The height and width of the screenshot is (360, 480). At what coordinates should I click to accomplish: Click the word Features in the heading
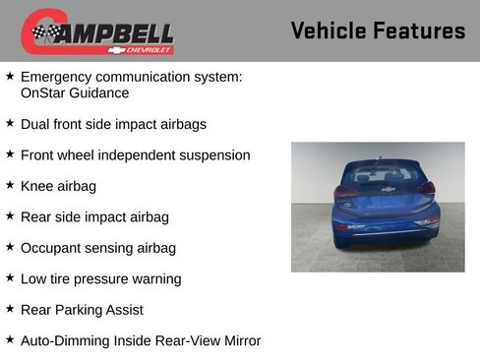pyautogui.click(x=420, y=30)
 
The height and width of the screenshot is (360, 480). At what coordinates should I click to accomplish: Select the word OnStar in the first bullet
pyautogui.click(x=45, y=93)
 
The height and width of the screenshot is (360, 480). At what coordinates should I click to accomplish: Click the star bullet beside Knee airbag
pyautogui.click(x=10, y=185)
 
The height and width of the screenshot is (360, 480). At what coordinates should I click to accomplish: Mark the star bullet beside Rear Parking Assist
pyautogui.click(x=10, y=309)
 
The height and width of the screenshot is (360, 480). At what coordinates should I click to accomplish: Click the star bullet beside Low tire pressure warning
pyautogui.click(x=10, y=278)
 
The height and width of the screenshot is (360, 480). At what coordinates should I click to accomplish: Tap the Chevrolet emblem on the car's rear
pyautogui.click(x=388, y=190)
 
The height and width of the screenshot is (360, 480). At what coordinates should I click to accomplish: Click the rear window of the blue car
pyautogui.click(x=385, y=175)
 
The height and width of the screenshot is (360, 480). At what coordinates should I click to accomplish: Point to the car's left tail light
pyautogui.click(x=346, y=191)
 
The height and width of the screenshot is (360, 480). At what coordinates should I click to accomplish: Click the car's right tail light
pyautogui.click(x=426, y=188)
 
